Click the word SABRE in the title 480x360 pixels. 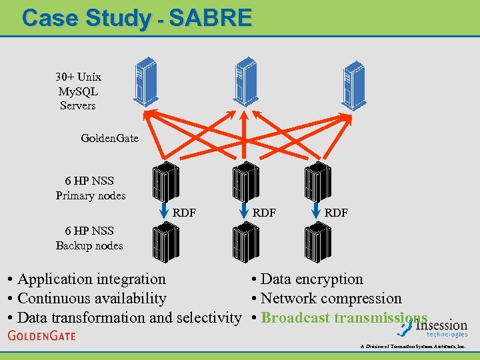(211, 17)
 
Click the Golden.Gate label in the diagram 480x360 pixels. (109, 138)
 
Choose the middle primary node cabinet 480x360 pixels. (245, 183)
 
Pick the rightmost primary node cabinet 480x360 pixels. (317, 183)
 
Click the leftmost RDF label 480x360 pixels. (184, 213)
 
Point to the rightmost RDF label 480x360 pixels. (336, 213)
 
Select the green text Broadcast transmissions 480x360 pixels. (344, 317)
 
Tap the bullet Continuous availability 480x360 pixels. (91, 299)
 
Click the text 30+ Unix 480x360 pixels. (78, 77)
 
